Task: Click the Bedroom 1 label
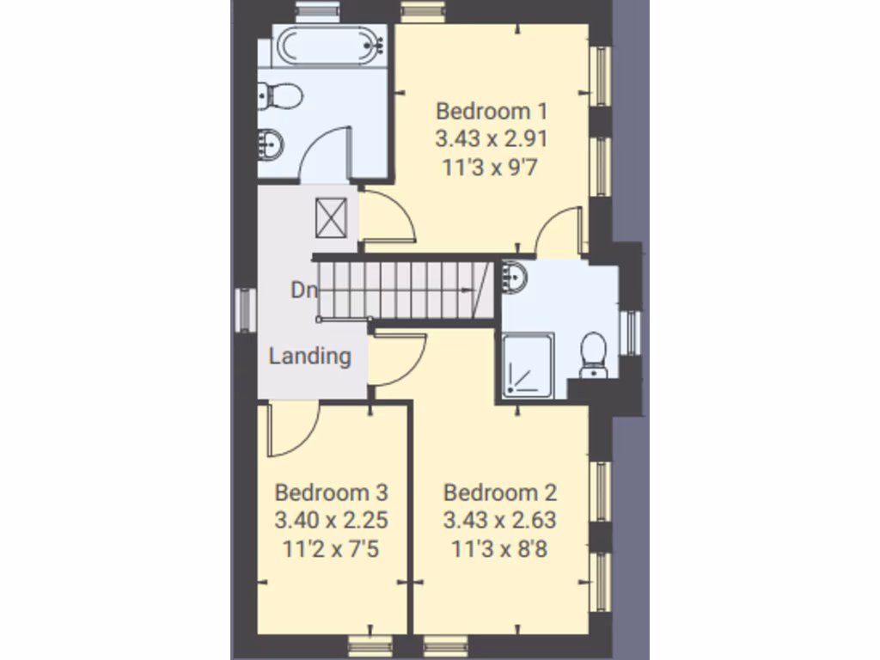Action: coord(492,112)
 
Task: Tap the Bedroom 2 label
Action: coord(499,493)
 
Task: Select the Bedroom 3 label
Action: coord(331,493)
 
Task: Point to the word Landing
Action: coord(309,356)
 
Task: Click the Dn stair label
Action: coord(303,290)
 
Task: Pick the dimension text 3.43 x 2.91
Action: coord(492,139)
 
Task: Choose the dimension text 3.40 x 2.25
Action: coord(331,521)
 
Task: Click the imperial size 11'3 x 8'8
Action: coord(499,548)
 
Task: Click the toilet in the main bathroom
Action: coord(279,94)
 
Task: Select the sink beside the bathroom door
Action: coord(271,144)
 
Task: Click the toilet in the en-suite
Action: coord(594,354)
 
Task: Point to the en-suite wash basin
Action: coord(516,277)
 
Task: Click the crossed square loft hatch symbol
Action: coord(333,217)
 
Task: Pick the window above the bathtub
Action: coord(306,11)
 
